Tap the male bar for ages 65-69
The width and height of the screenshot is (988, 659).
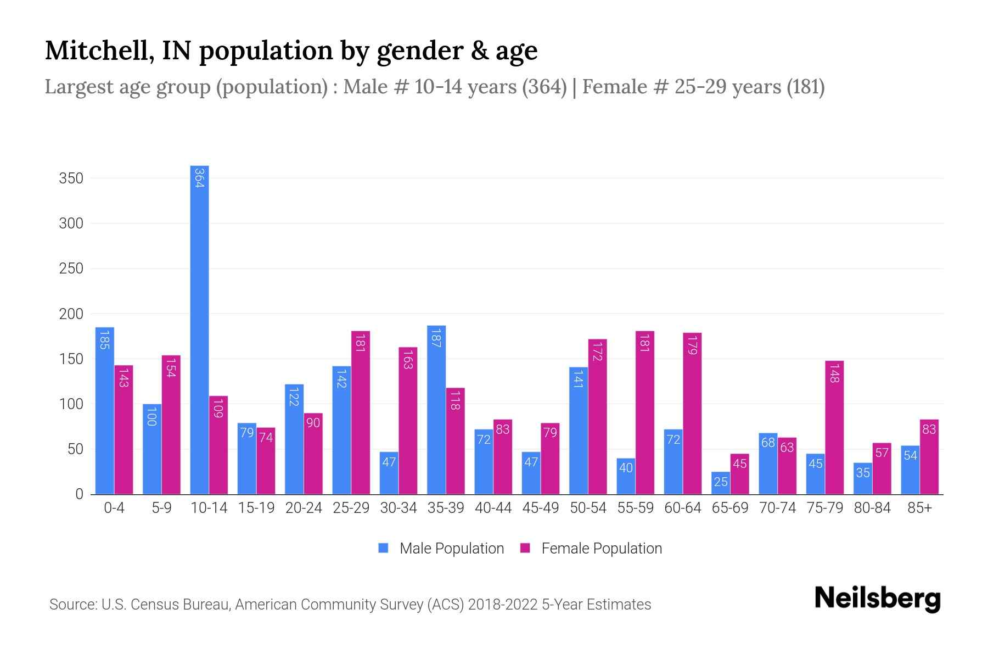click(x=721, y=483)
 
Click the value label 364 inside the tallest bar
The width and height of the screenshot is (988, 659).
click(x=199, y=178)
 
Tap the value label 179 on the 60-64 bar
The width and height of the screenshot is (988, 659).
click(x=692, y=344)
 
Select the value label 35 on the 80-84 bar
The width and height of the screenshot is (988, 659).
click(x=863, y=472)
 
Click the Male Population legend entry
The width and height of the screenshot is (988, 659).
click(x=441, y=548)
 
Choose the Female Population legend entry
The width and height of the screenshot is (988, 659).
click(x=591, y=548)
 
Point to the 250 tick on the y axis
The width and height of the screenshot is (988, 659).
click(x=71, y=269)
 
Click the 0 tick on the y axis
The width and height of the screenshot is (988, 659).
click(x=79, y=494)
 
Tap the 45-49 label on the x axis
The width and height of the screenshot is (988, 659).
click(x=541, y=508)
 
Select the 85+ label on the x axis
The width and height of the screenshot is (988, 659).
click(x=919, y=508)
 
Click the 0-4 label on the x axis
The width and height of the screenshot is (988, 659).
click(x=114, y=508)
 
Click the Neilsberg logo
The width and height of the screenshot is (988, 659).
click(x=877, y=599)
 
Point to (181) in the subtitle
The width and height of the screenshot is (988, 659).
click(x=805, y=87)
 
